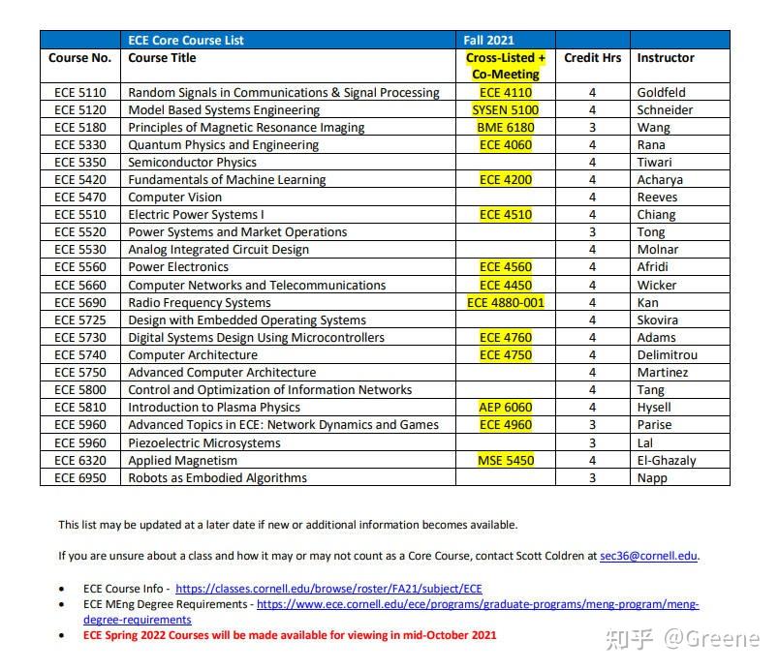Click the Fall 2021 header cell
click(x=488, y=40)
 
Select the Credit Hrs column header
click(x=592, y=58)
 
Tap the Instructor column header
click(x=666, y=58)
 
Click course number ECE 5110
click(x=80, y=93)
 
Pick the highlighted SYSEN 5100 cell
click(x=506, y=110)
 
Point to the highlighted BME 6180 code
click(x=506, y=128)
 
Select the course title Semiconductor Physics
click(x=192, y=163)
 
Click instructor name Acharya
click(x=660, y=180)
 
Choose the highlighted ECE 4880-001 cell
click(x=506, y=302)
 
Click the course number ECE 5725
click(x=80, y=320)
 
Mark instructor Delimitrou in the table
click(x=667, y=355)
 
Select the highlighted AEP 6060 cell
click(x=506, y=408)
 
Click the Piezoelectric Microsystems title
click(x=204, y=442)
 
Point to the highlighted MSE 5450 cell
click(x=506, y=461)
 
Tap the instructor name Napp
click(x=652, y=478)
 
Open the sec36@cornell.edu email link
click(x=648, y=556)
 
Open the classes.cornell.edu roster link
click(x=328, y=588)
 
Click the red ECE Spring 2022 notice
click(x=290, y=635)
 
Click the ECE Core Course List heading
click(x=186, y=40)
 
